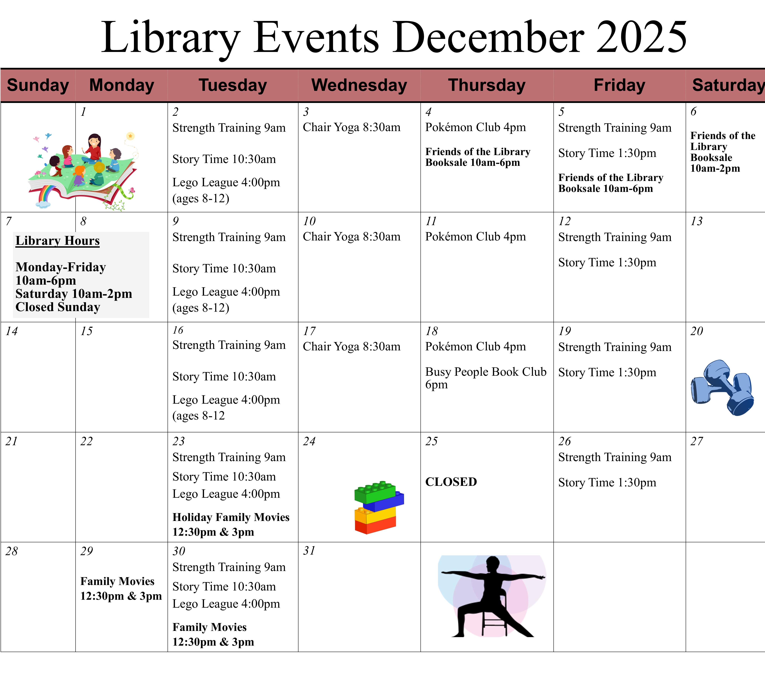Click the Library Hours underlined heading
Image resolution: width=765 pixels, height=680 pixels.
pos(58,241)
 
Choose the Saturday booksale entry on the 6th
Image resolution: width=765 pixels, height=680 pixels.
pos(723,151)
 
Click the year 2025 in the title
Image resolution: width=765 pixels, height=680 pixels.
pos(641,37)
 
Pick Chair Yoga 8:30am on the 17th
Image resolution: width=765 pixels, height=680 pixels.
pos(352,347)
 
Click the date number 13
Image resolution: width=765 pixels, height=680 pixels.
pos(696,221)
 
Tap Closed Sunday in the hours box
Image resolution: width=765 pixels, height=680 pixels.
pos(58,307)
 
